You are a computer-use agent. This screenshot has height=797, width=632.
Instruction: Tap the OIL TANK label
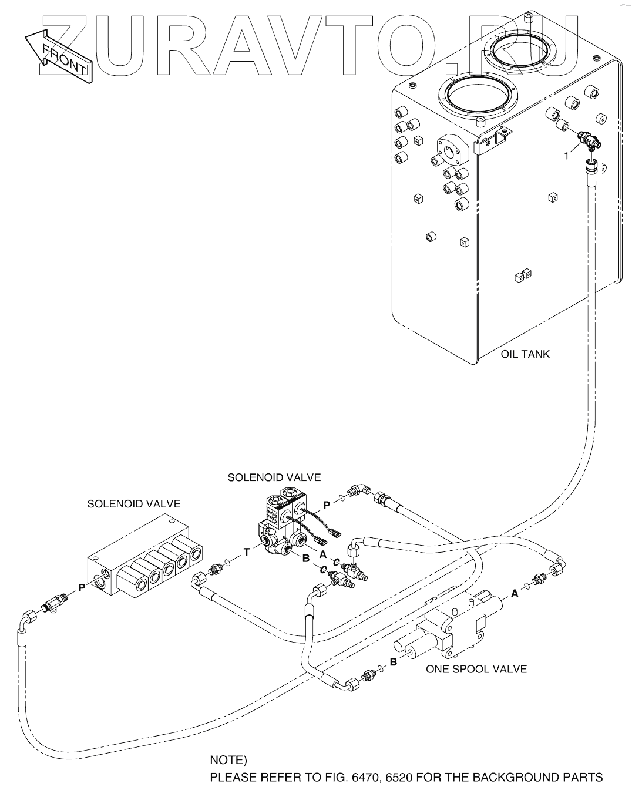click(525, 354)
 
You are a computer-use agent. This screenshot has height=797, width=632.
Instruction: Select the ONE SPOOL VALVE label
click(476, 669)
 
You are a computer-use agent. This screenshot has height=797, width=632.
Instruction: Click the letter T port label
click(247, 551)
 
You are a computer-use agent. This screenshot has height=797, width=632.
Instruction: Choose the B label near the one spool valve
click(394, 662)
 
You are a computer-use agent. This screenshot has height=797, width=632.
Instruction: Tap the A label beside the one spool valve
click(515, 593)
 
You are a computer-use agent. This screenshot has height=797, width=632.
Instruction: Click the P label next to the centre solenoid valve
click(327, 504)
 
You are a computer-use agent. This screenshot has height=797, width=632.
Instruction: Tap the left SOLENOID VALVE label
click(134, 504)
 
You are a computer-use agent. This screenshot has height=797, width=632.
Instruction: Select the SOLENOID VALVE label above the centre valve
click(274, 477)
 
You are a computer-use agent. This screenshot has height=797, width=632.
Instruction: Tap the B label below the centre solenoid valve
click(305, 559)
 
